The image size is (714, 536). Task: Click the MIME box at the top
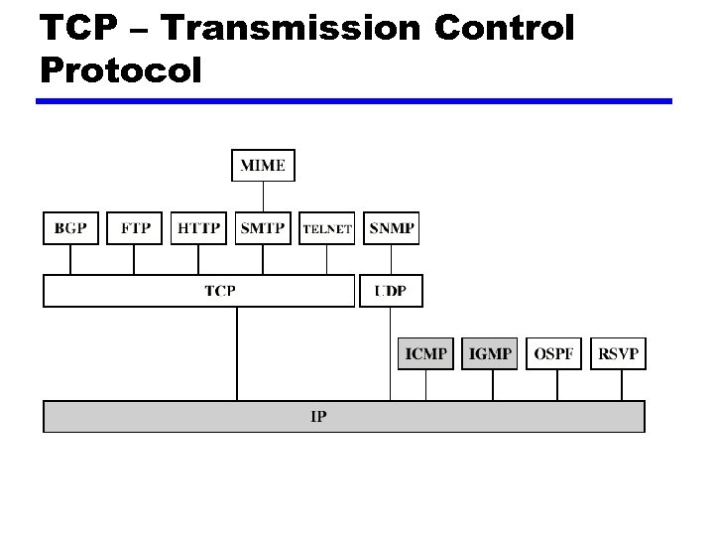click(263, 165)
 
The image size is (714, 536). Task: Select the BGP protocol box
click(70, 228)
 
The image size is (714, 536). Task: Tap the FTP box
click(135, 228)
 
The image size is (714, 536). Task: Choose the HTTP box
click(198, 228)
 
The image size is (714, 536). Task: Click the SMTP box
click(263, 228)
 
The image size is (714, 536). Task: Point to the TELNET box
click(327, 228)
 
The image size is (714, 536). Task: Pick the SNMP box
click(391, 228)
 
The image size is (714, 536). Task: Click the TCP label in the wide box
click(220, 291)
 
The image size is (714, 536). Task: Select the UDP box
click(391, 291)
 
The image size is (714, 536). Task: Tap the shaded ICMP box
click(425, 353)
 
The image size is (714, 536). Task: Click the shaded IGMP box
click(490, 353)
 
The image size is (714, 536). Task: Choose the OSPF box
click(553, 353)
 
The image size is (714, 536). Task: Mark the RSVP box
click(618, 353)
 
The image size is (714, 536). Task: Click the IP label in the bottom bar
click(318, 417)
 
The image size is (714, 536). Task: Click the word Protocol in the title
click(122, 69)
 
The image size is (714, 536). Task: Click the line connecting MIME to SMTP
click(263, 197)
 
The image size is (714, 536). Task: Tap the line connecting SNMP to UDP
click(391, 259)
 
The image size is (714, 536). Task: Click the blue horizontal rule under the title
click(353, 101)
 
